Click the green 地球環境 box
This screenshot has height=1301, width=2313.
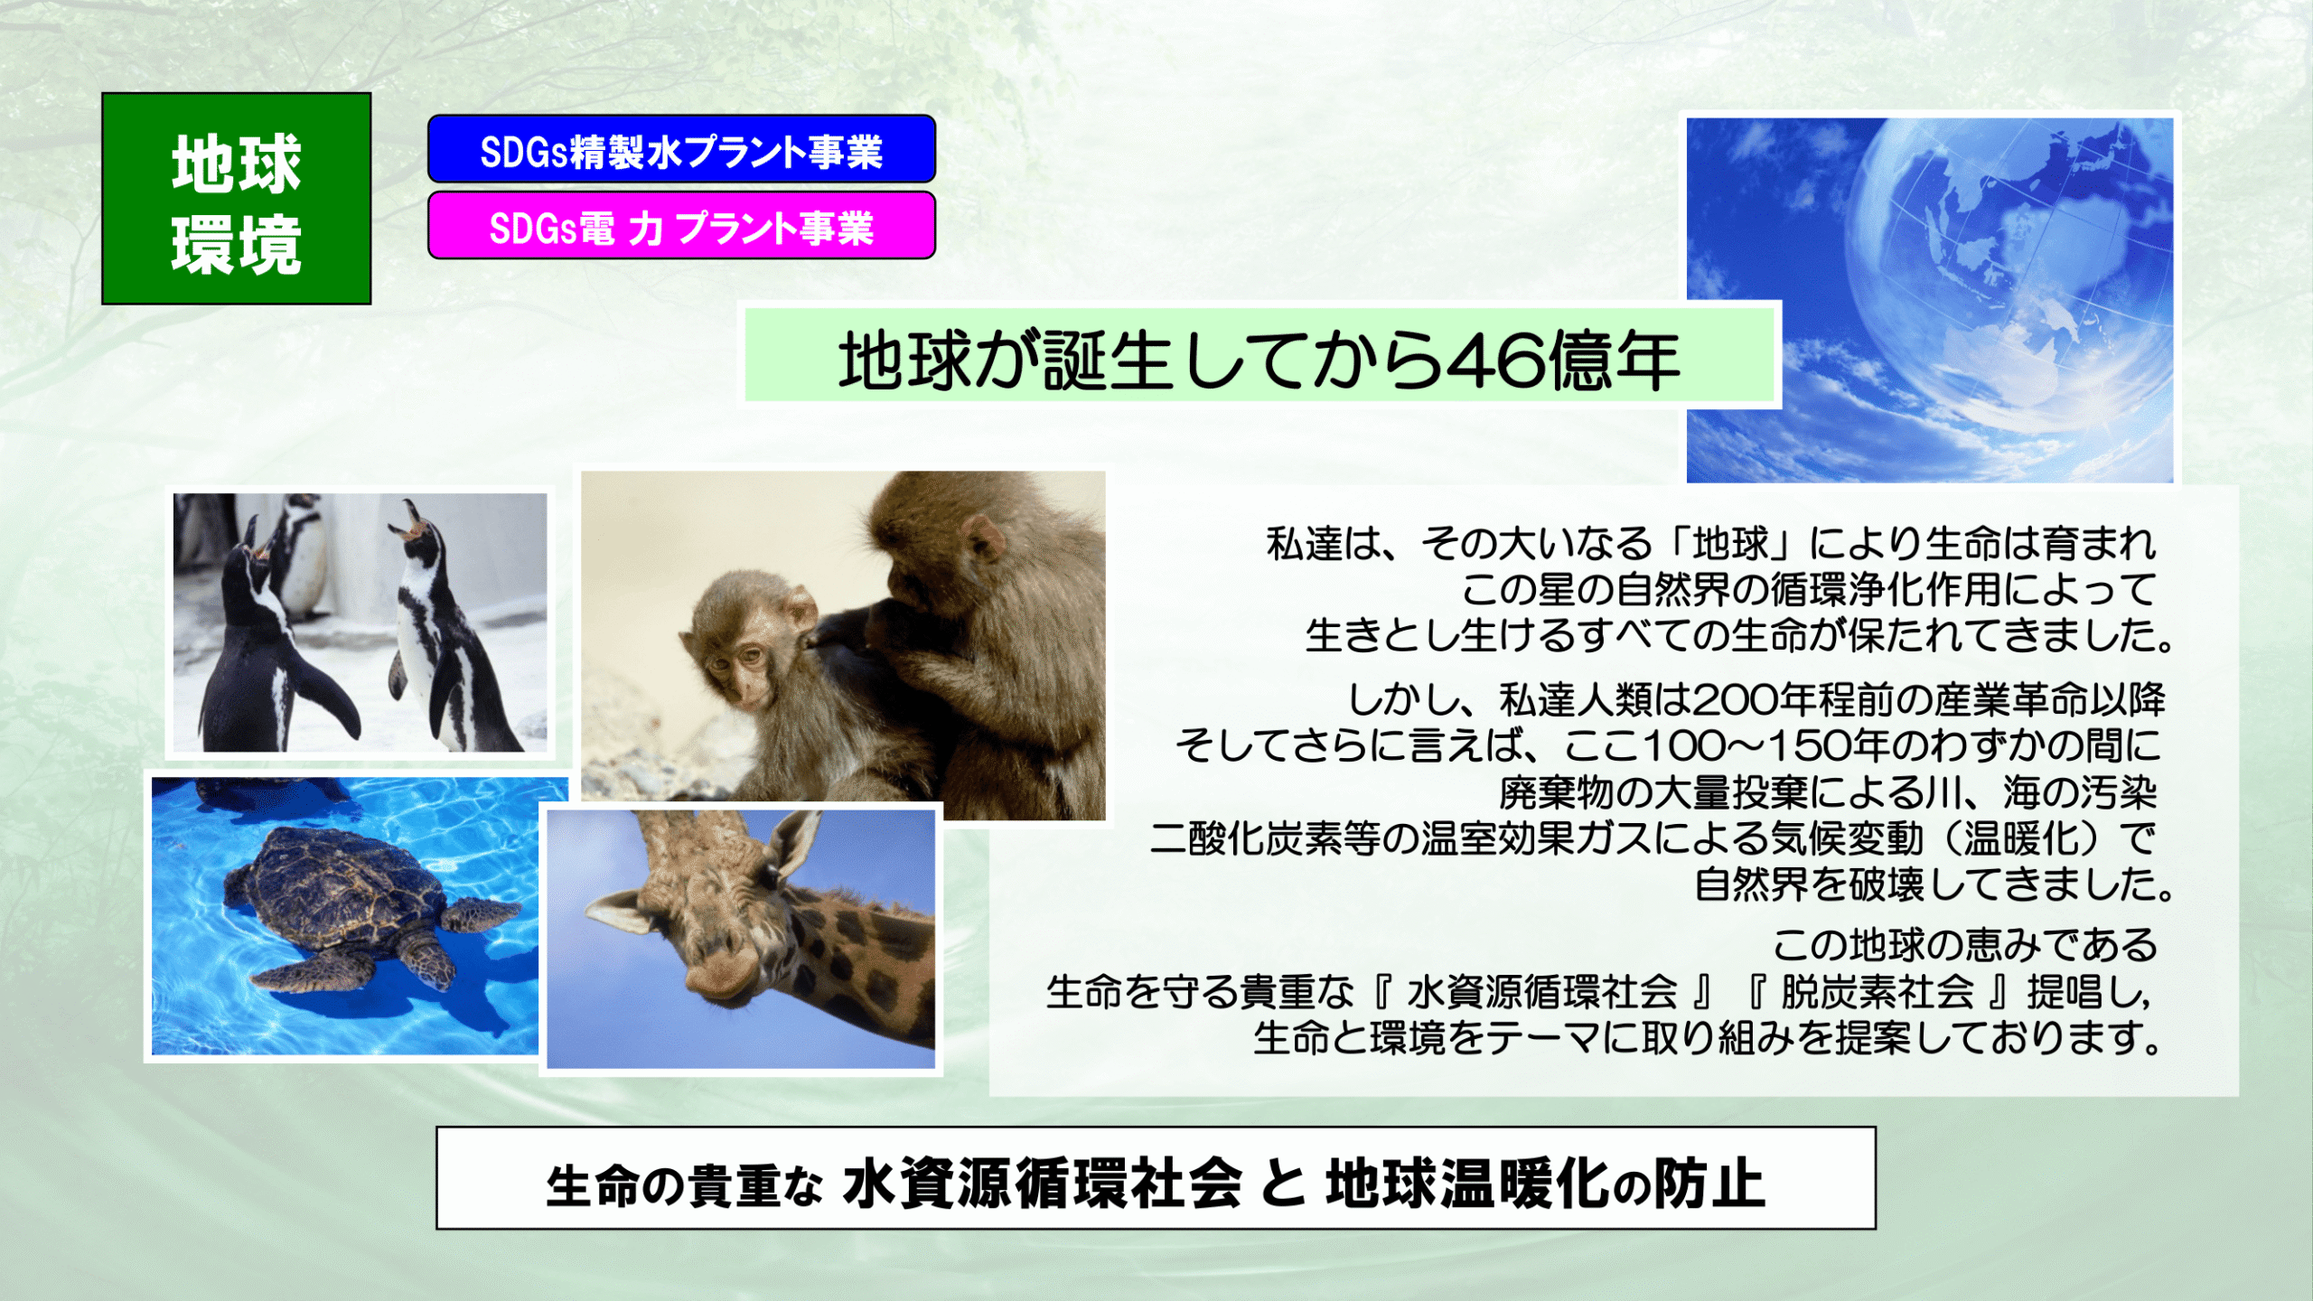click(x=236, y=198)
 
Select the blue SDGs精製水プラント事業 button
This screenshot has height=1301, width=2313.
click(x=681, y=149)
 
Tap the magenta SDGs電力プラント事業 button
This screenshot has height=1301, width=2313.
click(x=681, y=226)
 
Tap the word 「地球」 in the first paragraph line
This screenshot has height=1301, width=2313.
click(x=1730, y=544)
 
